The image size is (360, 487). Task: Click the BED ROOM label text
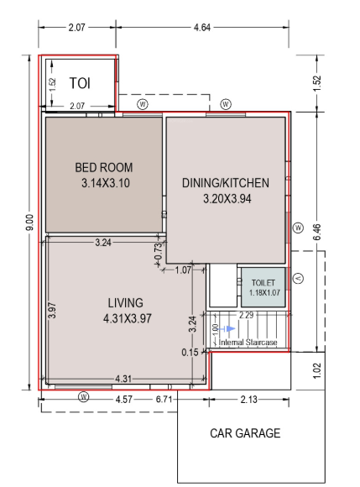click(104, 167)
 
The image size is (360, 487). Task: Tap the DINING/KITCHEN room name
click(225, 183)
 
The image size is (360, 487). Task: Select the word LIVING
click(125, 302)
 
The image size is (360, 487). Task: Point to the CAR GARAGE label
click(245, 433)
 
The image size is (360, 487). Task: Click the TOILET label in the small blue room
click(263, 283)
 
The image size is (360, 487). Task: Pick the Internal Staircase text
click(249, 343)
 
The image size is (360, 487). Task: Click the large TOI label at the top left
click(79, 82)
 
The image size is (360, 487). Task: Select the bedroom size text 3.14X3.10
click(106, 182)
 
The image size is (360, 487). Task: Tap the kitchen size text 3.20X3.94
click(227, 199)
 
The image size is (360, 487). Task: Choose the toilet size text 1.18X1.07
click(263, 293)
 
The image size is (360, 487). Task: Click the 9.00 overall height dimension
click(29, 223)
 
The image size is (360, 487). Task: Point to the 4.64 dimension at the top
click(201, 28)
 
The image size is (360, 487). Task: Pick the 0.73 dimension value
click(158, 249)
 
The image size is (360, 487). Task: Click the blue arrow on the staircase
click(228, 328)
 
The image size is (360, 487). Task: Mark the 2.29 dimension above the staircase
click(247, 315)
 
